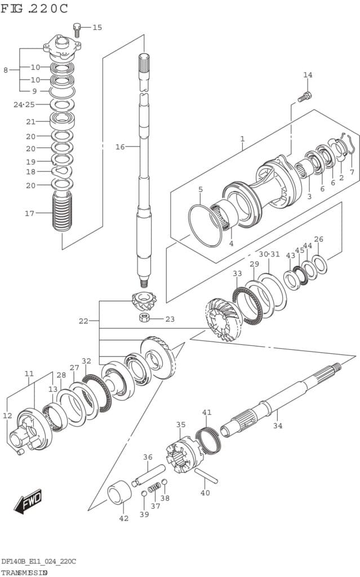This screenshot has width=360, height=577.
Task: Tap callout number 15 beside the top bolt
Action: [x=97, y=27]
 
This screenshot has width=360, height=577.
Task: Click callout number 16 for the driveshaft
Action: [x=119, y=147]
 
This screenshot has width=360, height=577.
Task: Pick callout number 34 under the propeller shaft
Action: [x=277, y=425]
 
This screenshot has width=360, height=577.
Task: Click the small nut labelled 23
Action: [x=144, y=319]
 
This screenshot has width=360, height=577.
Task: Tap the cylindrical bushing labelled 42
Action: [x=119, y=492]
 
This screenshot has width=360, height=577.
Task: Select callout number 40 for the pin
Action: [x=205, y=492]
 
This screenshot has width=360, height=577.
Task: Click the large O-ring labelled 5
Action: [x=205, y=224]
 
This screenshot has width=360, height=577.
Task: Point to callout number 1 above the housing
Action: [x=242, y=139]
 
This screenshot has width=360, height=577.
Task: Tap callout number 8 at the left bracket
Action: [x=6, y=70]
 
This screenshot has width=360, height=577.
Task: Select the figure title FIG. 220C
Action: [x=35, y=8]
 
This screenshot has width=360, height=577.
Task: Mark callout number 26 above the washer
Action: [x=319, y=239]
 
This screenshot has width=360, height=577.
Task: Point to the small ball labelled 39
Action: [x=144, y=494]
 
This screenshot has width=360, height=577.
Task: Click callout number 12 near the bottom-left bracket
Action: [x=7, y=416]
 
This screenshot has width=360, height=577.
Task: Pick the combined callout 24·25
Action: [x=24, y=104]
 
